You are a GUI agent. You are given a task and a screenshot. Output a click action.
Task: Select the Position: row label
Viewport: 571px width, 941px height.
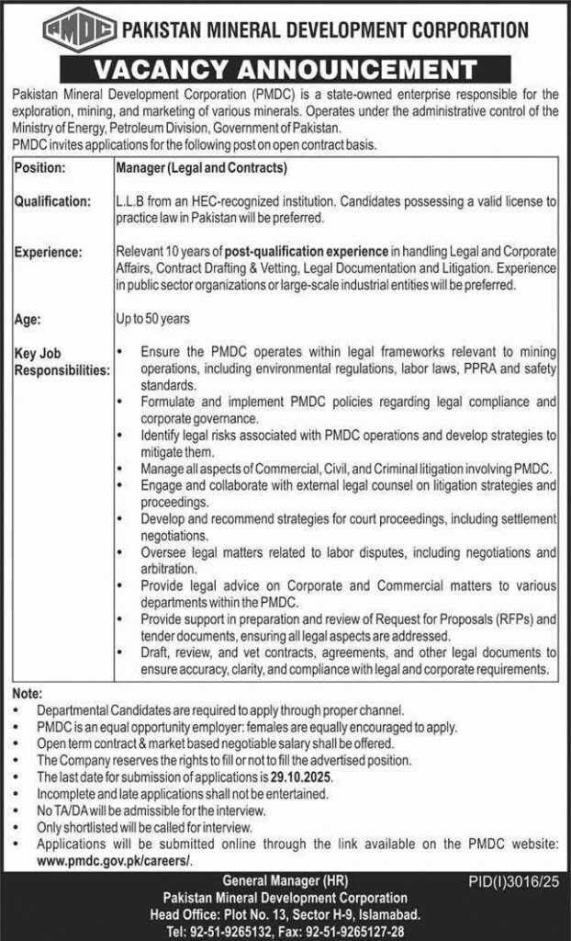[x=39, y=169]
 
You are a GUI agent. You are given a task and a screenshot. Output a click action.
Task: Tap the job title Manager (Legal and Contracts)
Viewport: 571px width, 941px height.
[x=202, y=169]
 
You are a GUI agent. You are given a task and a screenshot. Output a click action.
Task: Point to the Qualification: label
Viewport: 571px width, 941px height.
[x=52, y=200]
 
